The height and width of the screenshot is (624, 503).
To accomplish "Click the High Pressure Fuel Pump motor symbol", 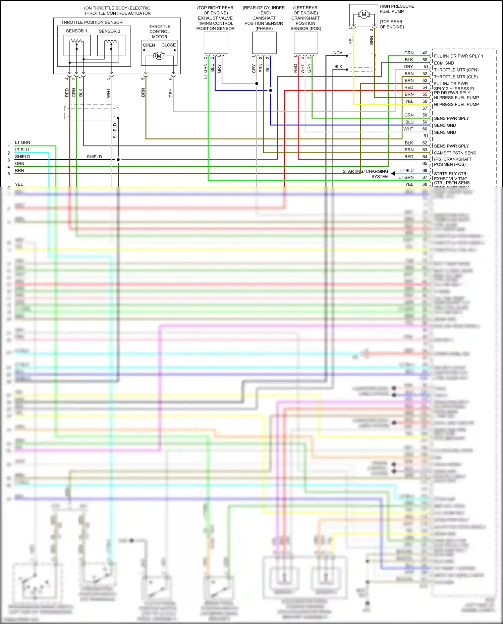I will click(x=364, y=14).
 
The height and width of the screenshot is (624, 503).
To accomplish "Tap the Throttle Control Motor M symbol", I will click(x=159, y=56).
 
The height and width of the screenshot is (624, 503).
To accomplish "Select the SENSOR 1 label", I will click(x=76, y=31).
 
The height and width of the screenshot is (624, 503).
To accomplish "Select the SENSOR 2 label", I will click(x=109, y=31).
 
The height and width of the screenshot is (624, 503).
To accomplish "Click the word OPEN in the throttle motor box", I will click(x=149, y=45).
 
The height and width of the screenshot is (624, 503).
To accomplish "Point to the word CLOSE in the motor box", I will click(x=168, y=45).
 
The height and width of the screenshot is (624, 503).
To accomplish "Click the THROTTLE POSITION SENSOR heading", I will click(x=92, y=22).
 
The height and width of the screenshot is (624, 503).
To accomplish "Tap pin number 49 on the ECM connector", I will click(x=425, y=53).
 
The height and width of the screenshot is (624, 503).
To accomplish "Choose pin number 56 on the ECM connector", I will click(x=425, y=101).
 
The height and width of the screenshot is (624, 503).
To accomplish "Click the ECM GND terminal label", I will click(x=444, y=63).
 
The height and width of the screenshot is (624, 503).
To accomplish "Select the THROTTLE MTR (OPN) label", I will click(x=456, y=70).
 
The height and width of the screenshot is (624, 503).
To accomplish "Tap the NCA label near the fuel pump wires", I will click(x=338, y=53).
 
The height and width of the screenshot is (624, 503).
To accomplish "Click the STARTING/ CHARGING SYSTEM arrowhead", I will click(x=393, y=173).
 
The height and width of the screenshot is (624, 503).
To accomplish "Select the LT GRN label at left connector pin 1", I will click(x=22, y=143).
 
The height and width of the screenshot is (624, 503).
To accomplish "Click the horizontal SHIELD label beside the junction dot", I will click(x=94, y=157).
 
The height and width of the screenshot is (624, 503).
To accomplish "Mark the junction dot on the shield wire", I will click(x=118, y=160).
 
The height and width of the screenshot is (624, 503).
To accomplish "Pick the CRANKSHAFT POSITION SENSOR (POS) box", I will click(x=306, y=43).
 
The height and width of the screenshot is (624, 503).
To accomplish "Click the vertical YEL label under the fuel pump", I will click(x=351, y=40).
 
